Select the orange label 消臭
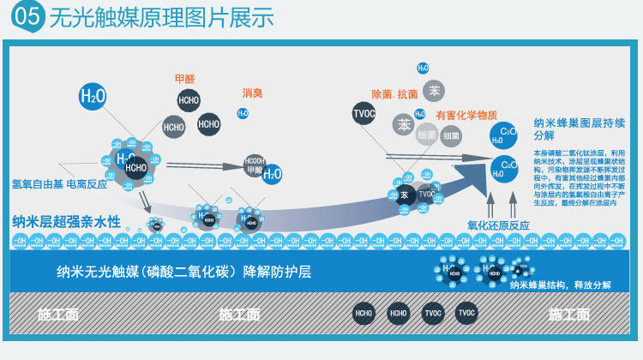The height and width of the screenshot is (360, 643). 253,93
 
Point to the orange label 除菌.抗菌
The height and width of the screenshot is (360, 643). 394,93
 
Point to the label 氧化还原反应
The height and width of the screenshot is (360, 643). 498,225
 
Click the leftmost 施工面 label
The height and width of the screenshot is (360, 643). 58,315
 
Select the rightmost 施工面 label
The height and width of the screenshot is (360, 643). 569,315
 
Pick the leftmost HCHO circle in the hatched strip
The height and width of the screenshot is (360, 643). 364,314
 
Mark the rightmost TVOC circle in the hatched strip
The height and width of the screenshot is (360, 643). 466,314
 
